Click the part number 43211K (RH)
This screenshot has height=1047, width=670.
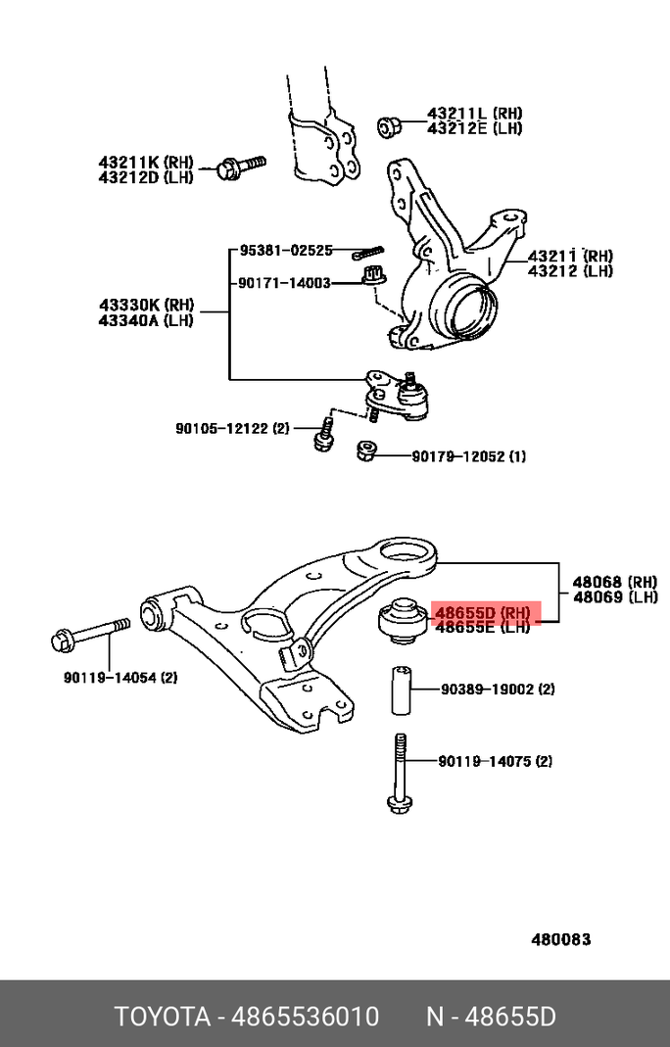(x=146, y=161)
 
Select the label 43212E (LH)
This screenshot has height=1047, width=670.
(x=474, y=128)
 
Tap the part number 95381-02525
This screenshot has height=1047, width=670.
(x=285, y=251)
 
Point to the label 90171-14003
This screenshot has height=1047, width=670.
(x=285, y=283)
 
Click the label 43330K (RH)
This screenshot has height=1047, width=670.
(x=146, y=304)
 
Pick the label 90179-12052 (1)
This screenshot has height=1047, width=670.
(x=468, y=456)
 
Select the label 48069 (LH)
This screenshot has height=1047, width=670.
(x=615, y=597)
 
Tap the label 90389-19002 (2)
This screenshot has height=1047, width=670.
(x=498, y=690)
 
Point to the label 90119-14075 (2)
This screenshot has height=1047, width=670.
(x=496, y=761)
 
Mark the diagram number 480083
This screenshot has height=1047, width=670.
(x=561, y=939)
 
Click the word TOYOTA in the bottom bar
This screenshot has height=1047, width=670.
(x=163, y=1017)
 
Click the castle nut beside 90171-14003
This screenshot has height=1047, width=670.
(x=371, y=276)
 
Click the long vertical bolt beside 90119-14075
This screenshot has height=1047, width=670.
(x=400, y=774)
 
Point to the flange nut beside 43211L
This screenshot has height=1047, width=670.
(x=388, y=126)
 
